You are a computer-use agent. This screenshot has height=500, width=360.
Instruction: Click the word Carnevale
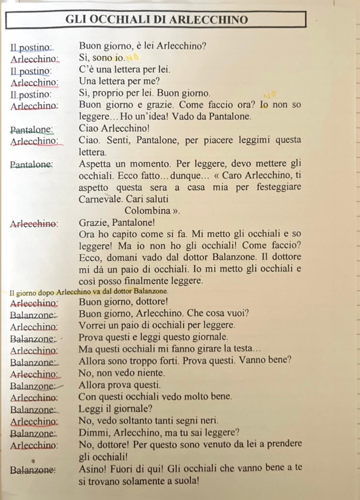coord(101,199)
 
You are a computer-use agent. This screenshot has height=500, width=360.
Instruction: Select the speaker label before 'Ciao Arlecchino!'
coord(32,130)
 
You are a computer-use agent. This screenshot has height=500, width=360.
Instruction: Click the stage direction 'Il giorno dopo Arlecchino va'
coord(59,292)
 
